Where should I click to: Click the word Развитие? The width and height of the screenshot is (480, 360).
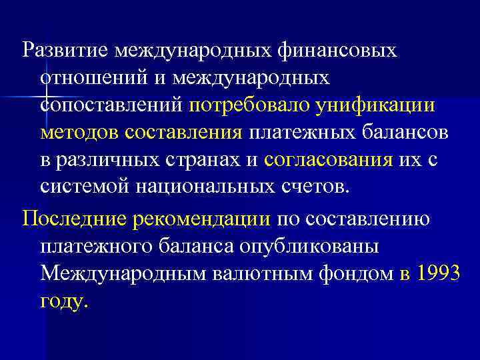click(65, 50)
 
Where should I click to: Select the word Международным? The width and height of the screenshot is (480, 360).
click(117, 273)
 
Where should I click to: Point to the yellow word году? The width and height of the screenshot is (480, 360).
click(63, 301)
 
